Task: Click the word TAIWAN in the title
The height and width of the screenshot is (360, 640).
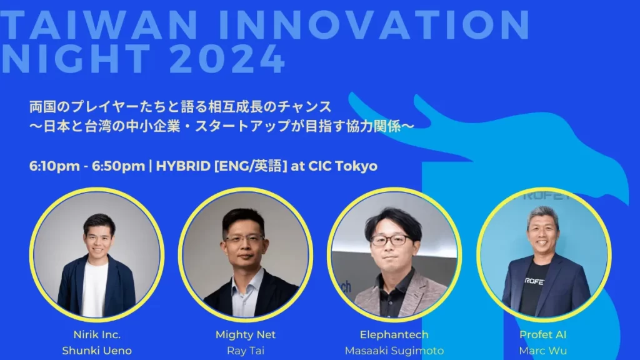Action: click(99, 25)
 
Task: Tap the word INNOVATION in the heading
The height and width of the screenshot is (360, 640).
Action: click(374, 25)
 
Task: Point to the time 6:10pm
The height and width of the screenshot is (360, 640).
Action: click(54, 166)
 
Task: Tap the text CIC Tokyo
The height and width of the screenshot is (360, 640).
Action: click(343, 166)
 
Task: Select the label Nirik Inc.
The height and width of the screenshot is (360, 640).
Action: click(97, 335)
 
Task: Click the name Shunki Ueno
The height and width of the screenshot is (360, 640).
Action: click(97, 351)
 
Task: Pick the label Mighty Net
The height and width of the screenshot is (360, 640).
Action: click(245, 335)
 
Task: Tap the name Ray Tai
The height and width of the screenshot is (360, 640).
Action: click(245, 351)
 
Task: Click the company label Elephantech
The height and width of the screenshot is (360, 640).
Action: click(394, 335)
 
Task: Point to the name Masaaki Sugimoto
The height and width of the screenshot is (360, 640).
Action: click(394, 351)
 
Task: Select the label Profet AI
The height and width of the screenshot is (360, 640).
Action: click(543, 335)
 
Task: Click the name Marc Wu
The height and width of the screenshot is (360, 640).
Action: click(543, 351)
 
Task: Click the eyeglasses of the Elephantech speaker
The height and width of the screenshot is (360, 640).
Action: click(391, 240)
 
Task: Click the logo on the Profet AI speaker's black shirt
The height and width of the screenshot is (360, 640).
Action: click(534, 281)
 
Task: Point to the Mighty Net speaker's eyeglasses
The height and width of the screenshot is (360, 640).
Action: click(244, 239)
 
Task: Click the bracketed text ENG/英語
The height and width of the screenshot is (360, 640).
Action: click(251, 166)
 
